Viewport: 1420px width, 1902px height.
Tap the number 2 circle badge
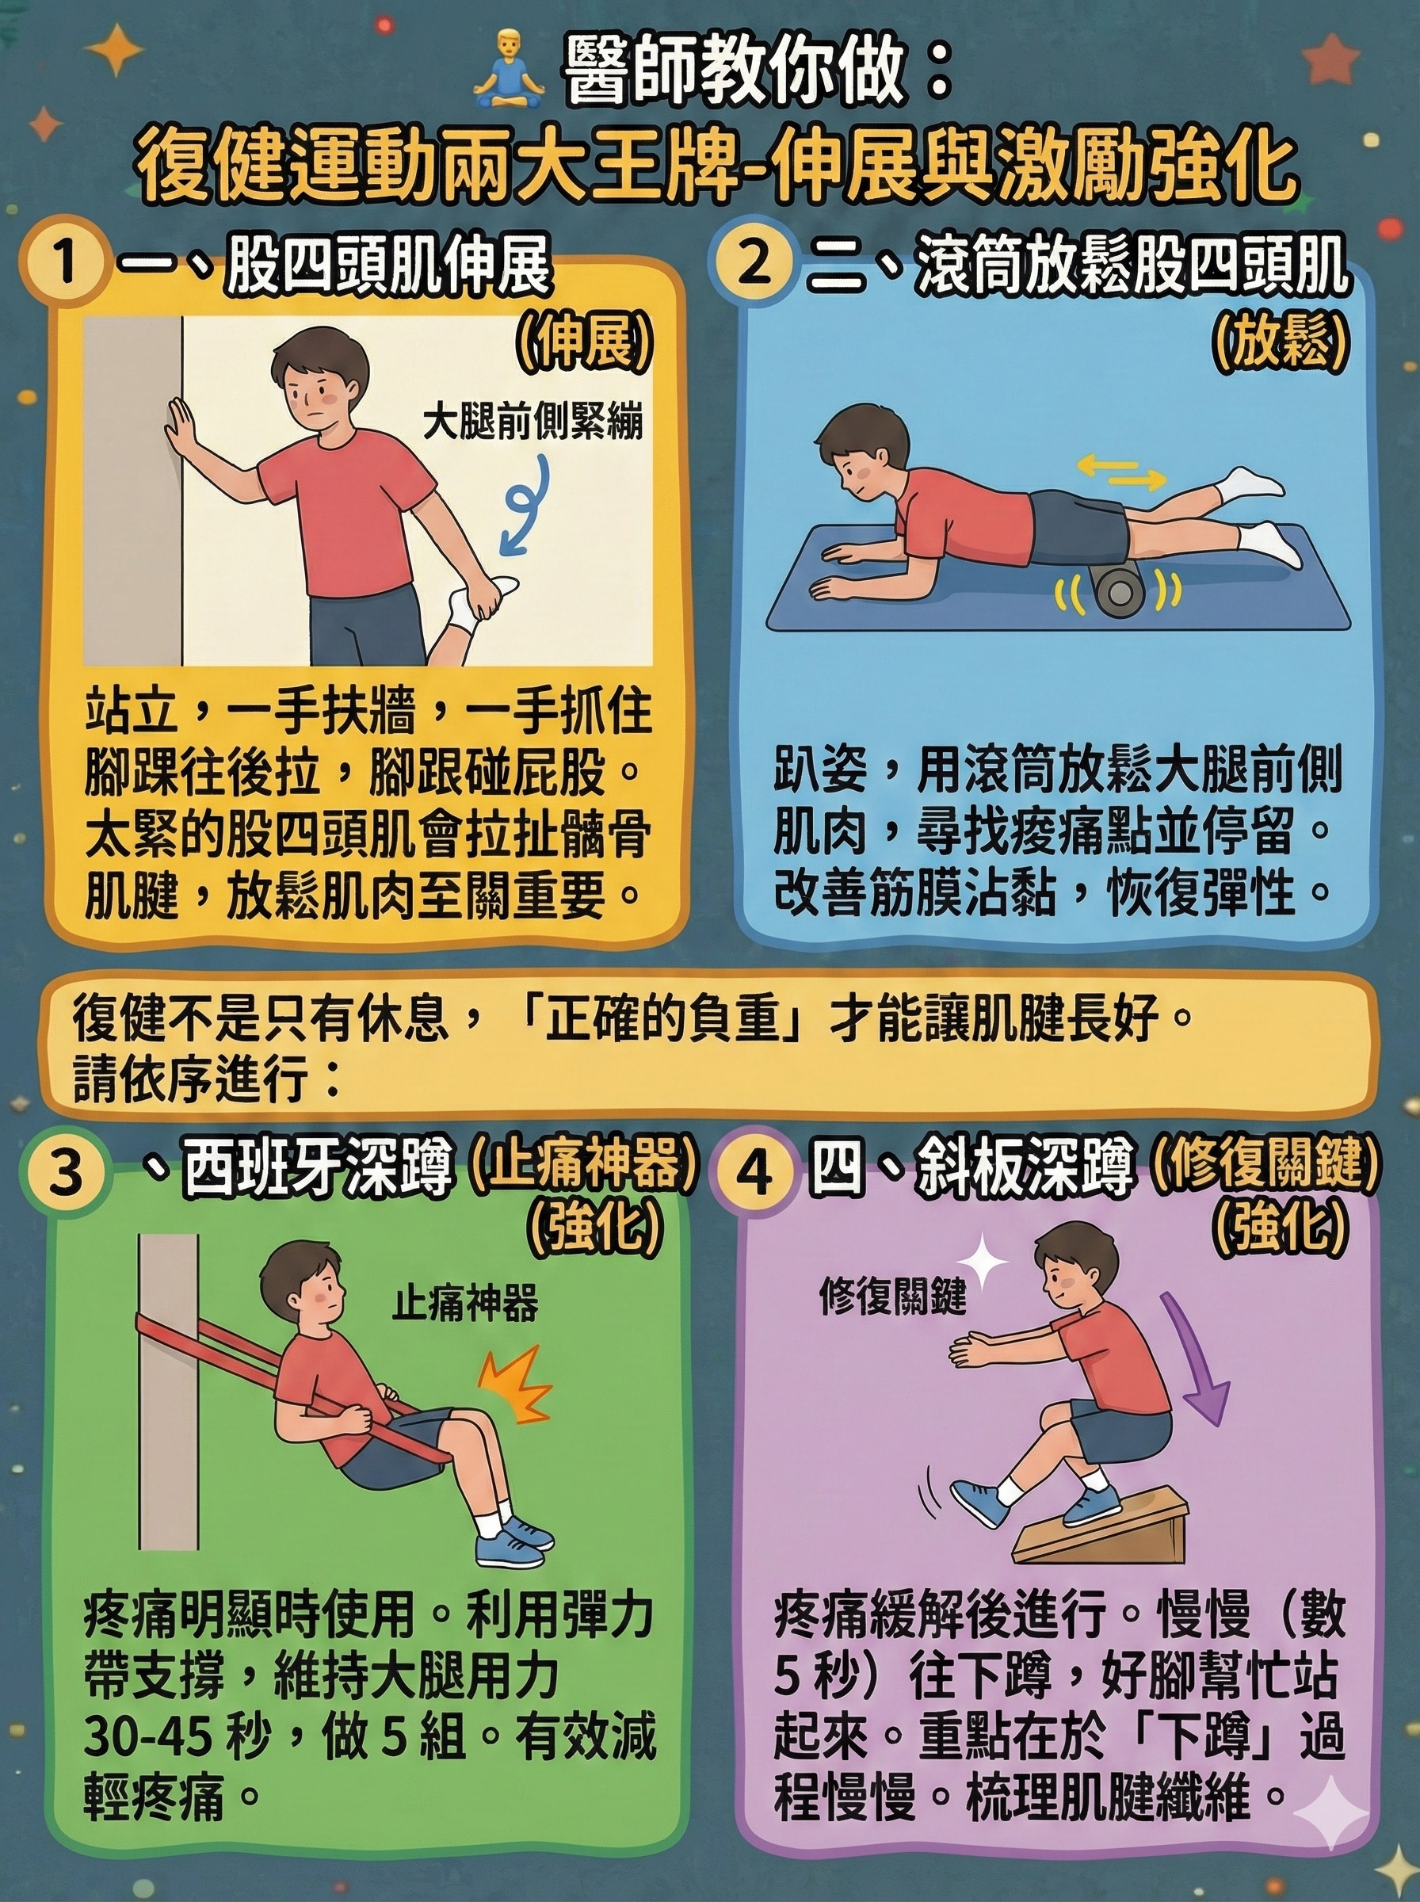point(753,262)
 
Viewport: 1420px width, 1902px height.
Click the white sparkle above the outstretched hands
point(983,1262)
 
